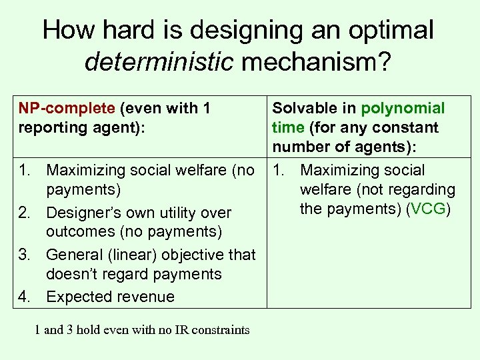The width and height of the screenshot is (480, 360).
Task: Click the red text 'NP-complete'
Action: pyautogui.click(x=57, y=109)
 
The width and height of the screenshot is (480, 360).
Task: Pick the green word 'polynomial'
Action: pyautogui.click(x=403, y=109)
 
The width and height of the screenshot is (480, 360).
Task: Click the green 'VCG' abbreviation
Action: pyautogui.click(x=429, y=209)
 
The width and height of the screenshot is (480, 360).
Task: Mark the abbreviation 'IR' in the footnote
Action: pyautogui.click(x=177, y=330)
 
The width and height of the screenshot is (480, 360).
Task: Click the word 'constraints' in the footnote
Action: pyautogui.click(x=219, y=330)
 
